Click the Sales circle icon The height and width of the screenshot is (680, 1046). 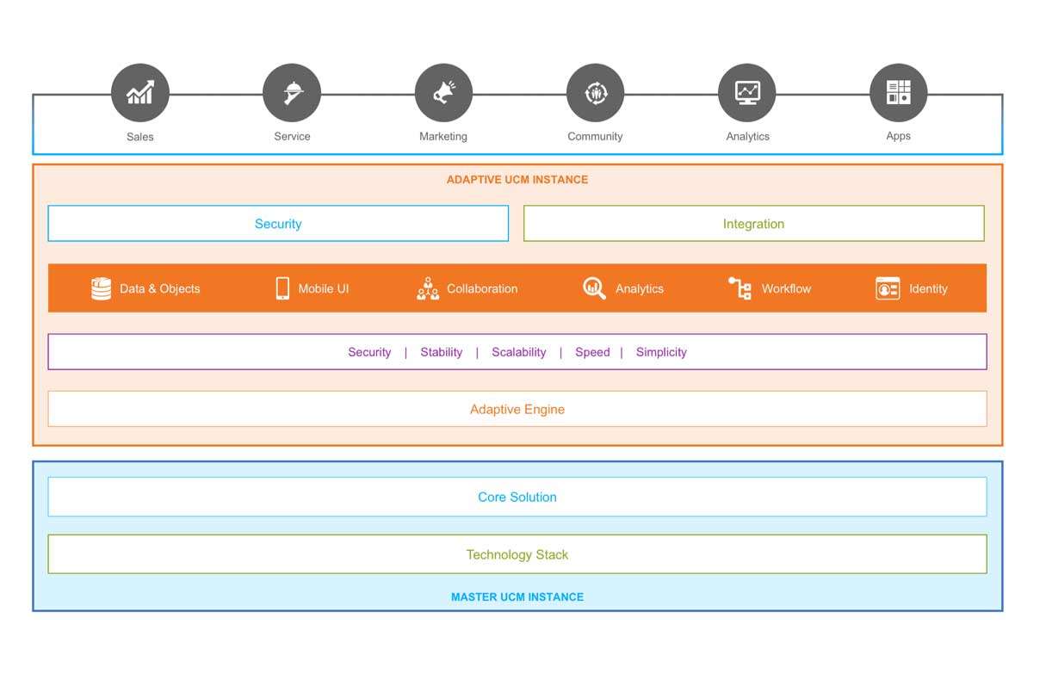click(140, 93)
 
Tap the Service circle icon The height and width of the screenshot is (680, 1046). click(292, 93)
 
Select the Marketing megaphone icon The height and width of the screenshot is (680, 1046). click(443, 93)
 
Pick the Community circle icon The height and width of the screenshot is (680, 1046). click(595, 93)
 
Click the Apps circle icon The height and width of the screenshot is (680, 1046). click(898, 93)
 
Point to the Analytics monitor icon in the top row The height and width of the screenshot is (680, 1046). click(747, 93)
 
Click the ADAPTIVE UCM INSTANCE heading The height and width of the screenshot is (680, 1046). click(517, 180)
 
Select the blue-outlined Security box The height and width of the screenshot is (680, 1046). click(278, 224)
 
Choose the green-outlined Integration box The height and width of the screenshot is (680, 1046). click(753, 224)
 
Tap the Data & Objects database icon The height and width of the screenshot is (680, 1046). click(102, 288)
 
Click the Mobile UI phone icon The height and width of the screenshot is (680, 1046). click(282, 288)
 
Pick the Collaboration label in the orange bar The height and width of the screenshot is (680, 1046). click(482, 289)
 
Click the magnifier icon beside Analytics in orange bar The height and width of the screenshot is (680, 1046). click(594, 288)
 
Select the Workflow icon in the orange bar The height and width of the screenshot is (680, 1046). click(740, 288)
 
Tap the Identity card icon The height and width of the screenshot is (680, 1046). click(887, 288)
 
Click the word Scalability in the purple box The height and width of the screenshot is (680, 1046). click(518, 352)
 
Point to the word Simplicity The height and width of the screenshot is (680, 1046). click(661, 352)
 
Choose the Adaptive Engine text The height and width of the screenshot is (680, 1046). click(517, 410)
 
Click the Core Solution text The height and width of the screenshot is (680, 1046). click(517, 498)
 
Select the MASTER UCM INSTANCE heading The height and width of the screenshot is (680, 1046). click(517, 597)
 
